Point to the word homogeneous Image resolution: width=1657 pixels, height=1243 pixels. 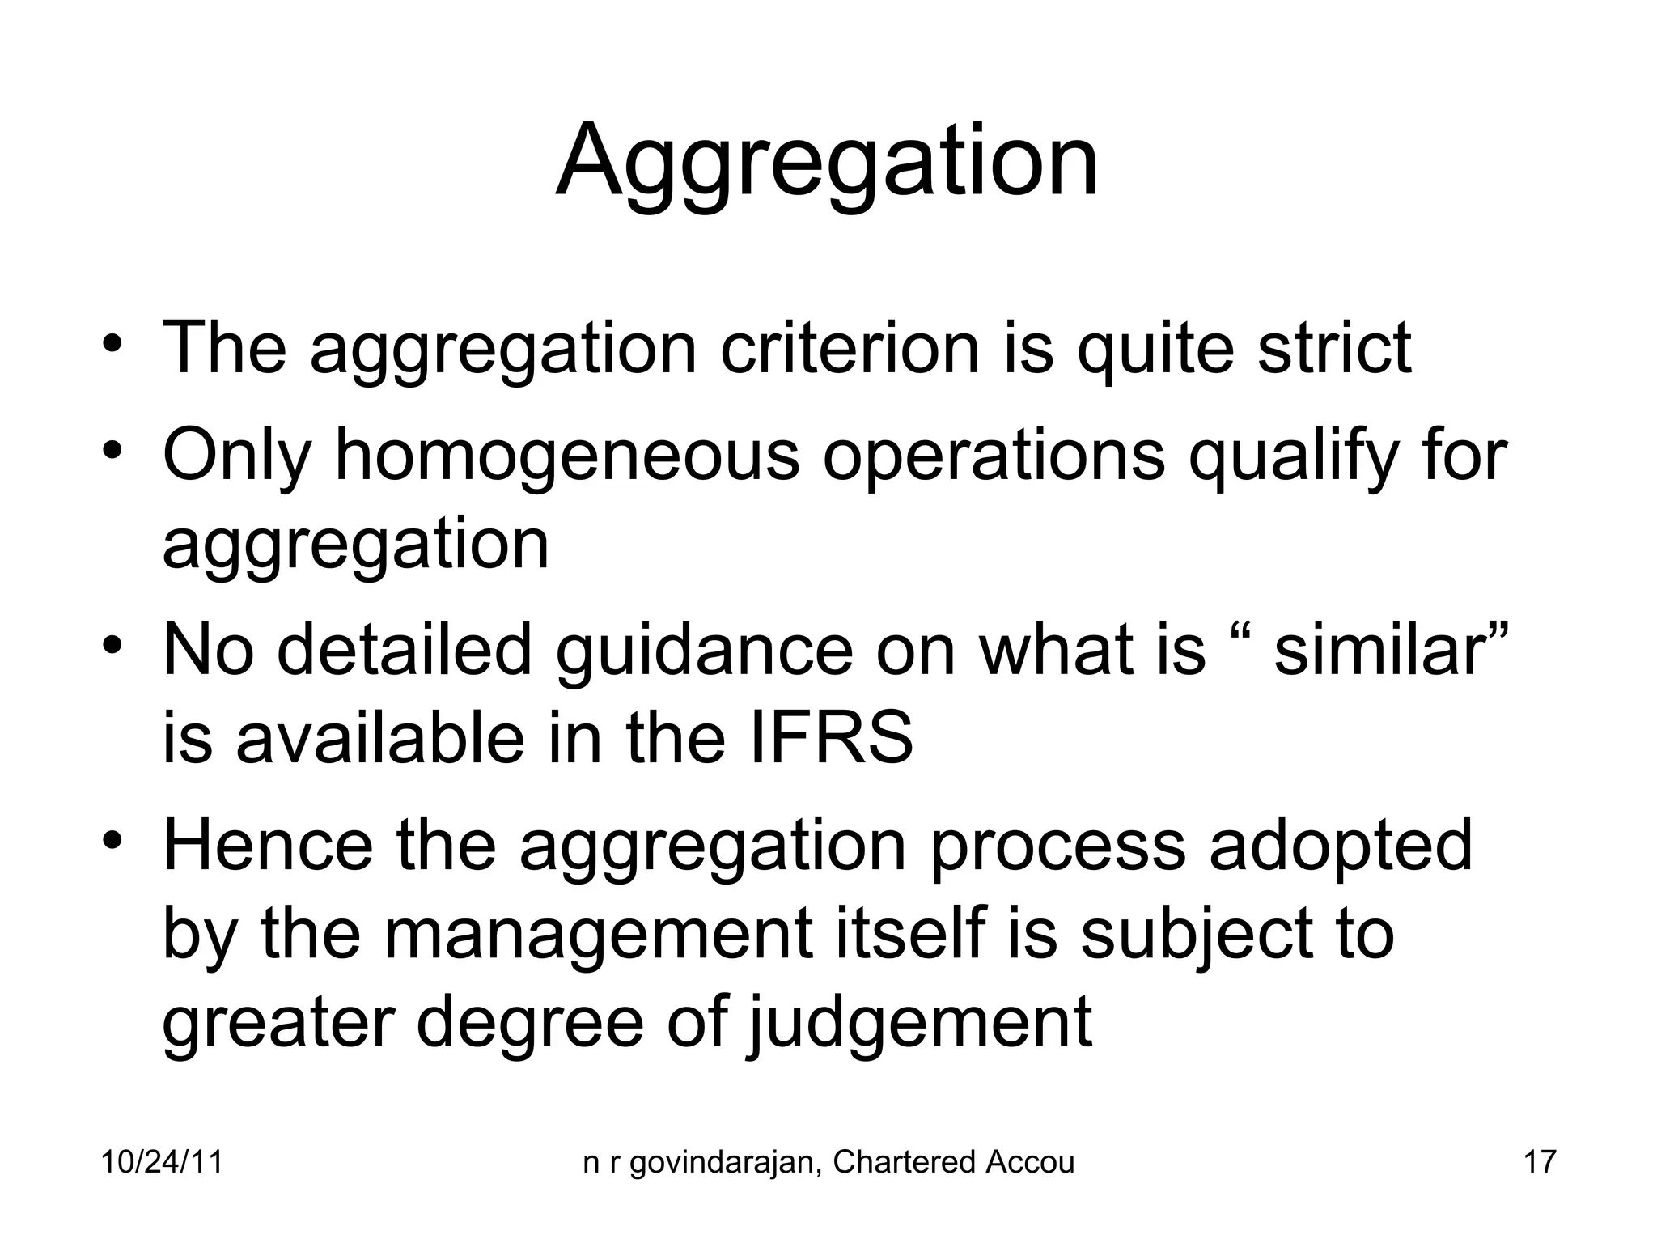click(x=567, y=455)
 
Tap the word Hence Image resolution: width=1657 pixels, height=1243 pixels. click(x=268, y=845)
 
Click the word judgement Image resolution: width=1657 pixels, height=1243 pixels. click(x=918, y=1023)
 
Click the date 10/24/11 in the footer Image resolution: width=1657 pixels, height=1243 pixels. click(x=162, y=1162)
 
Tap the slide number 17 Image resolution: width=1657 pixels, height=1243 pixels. click(x=1540, y=1162)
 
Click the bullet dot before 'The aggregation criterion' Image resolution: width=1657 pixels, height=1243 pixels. click(x=112, y=342)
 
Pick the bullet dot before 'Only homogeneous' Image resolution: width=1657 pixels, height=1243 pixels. click(x=112, y=448)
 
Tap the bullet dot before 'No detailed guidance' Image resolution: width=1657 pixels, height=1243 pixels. click(x=112, y=644)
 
